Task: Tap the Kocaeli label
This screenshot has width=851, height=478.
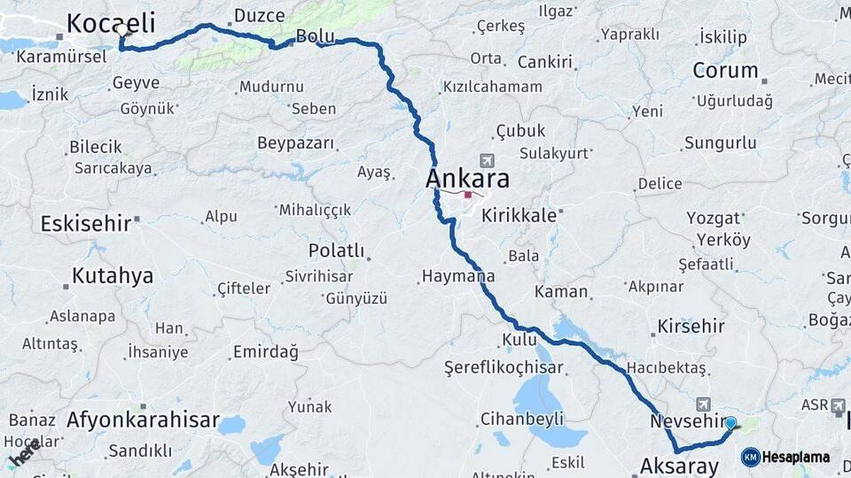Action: (111, 22)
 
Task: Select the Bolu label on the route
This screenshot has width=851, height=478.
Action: (316, 36)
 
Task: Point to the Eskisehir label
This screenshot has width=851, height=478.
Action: (86, 223)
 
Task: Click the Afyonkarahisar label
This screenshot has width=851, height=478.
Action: (143, 420)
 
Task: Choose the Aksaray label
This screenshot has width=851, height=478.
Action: (679, 466)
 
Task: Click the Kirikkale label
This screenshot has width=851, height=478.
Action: (519, 215)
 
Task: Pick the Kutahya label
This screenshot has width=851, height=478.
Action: (113, 276)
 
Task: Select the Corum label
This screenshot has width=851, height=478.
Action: (726, 70)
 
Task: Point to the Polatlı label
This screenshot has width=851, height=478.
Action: (336, 251)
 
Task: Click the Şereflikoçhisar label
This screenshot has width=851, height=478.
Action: (504, 366)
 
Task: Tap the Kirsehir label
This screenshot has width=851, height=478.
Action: (691, 327)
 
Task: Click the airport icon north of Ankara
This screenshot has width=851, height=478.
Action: (486, 160)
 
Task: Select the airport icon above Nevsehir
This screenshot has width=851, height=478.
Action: (704, 403)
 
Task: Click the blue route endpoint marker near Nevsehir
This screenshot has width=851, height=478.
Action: (730, 423)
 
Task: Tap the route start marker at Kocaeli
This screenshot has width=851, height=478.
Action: (122, 29)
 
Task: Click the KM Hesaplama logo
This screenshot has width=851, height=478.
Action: (786, 457)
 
